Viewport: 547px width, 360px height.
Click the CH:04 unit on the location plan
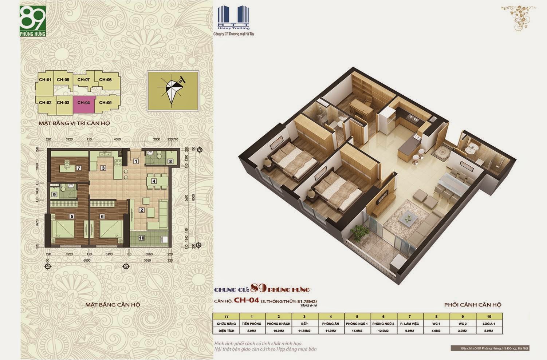point(84,103)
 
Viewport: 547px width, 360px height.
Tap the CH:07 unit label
point(83,80)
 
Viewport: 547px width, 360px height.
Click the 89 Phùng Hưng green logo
point(33,23)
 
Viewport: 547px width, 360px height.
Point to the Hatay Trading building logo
point(233,19)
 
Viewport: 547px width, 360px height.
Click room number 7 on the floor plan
point(78,168)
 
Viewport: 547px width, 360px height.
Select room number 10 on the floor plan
point(142,238)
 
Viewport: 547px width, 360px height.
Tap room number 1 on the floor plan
point(136,161)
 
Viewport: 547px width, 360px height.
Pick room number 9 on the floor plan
point(54,194)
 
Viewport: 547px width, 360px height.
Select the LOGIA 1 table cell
point(489,324)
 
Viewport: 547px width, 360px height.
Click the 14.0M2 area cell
point(357,331)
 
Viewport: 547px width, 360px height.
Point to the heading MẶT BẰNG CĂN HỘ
point(113,305)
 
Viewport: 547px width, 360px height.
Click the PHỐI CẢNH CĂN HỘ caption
point(473,305)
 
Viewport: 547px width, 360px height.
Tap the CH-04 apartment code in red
point(246,301)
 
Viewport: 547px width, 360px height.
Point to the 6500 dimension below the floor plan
point(87,261)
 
